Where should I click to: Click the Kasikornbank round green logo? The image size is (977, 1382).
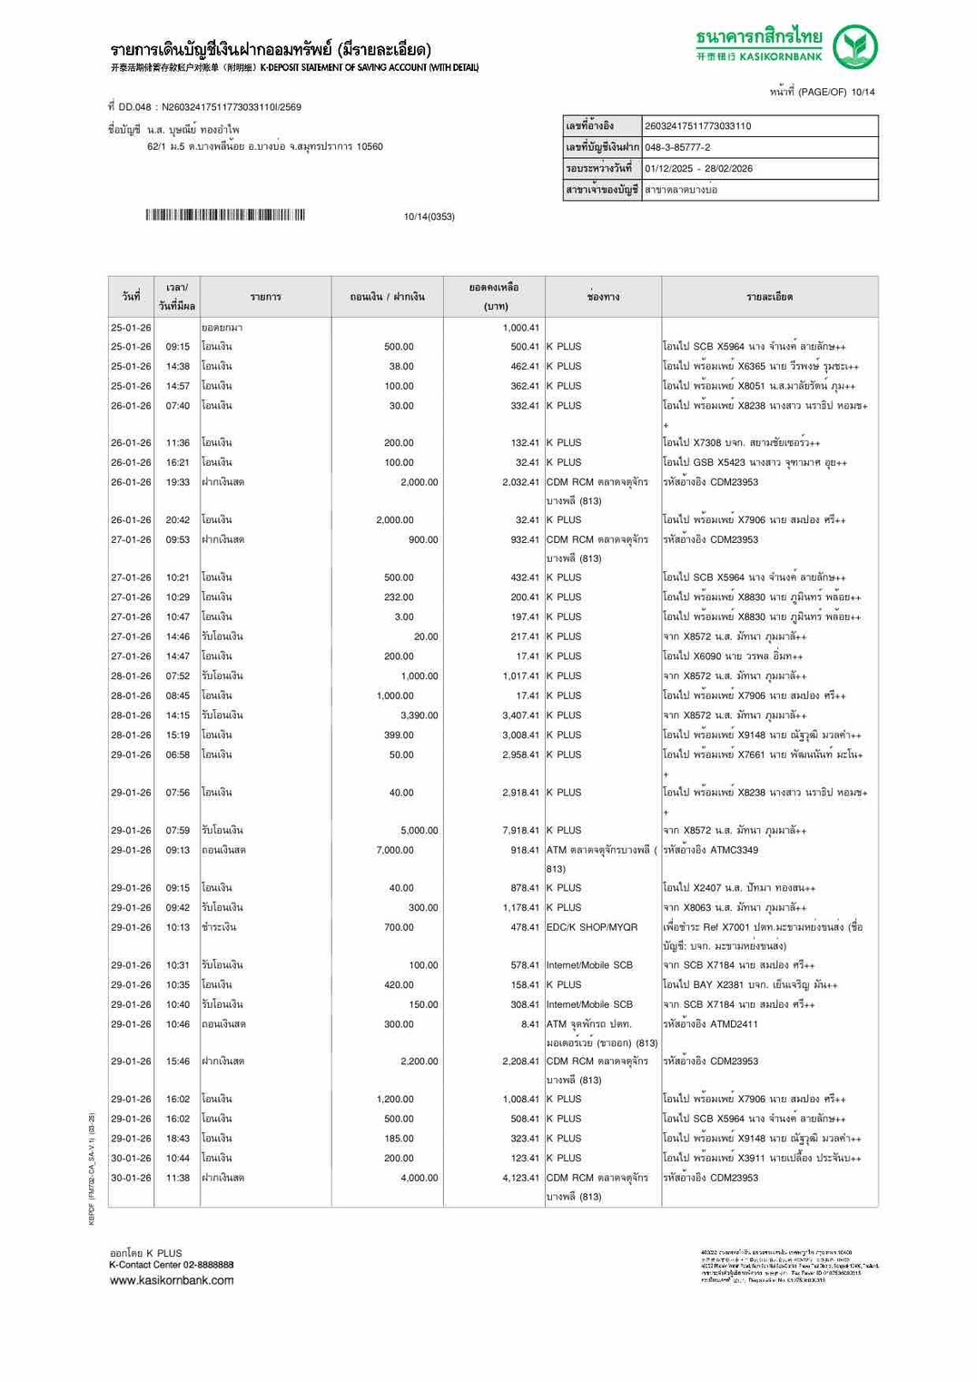point(855,47)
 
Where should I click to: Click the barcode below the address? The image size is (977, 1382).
point(224,215)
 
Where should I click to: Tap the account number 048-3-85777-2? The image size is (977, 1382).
point(677,147)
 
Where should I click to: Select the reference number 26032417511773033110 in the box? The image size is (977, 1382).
point(697,126)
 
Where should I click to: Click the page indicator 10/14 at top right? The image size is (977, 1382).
point(863,92)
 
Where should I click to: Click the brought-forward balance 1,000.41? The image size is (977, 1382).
point(520,328)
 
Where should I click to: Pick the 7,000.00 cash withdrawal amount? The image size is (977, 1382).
point(395,850)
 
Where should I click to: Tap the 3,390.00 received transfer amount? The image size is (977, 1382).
point(419,716)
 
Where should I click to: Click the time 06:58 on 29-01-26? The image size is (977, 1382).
point(178,755)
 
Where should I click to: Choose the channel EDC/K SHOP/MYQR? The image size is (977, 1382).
point(592,927)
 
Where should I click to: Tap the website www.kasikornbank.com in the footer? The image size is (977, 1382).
point(172,1280)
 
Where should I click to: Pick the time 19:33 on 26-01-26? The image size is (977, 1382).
point(178,482)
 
